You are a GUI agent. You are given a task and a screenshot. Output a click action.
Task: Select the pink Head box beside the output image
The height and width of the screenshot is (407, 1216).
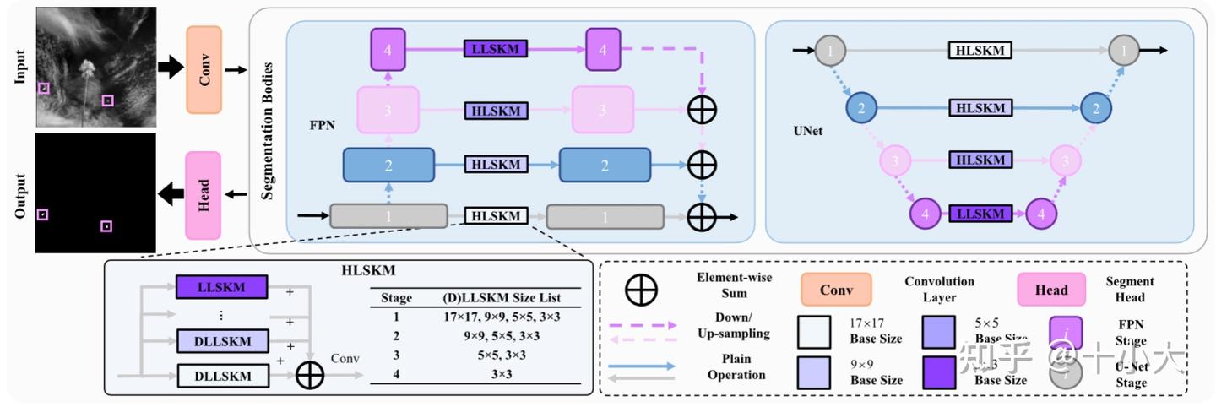(203, 194)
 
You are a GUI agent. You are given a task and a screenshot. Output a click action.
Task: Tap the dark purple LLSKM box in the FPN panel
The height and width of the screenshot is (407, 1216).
(495, 49)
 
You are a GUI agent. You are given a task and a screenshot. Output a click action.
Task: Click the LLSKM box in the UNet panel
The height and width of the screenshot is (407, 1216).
(980, 214)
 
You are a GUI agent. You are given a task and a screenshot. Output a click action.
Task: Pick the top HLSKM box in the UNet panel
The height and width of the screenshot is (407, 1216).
(980, 51)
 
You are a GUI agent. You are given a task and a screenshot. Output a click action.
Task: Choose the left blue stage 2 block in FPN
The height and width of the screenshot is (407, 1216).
(388, 166)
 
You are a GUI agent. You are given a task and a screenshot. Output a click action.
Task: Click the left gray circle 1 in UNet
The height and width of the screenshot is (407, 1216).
(831, 52)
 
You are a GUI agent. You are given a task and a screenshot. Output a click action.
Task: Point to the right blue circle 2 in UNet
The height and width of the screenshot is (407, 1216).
(1096, 108)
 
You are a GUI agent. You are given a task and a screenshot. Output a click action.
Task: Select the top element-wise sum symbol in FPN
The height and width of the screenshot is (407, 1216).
(703, 110)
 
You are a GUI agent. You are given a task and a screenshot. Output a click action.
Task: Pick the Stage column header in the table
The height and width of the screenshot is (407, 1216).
(397, 297)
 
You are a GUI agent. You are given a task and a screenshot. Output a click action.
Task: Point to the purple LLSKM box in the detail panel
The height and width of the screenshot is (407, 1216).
(221, 287)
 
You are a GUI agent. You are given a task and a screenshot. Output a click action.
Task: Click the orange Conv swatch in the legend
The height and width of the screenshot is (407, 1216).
(837, 290)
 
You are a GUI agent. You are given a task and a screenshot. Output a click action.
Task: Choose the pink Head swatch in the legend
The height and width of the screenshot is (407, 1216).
(1051, 290)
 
